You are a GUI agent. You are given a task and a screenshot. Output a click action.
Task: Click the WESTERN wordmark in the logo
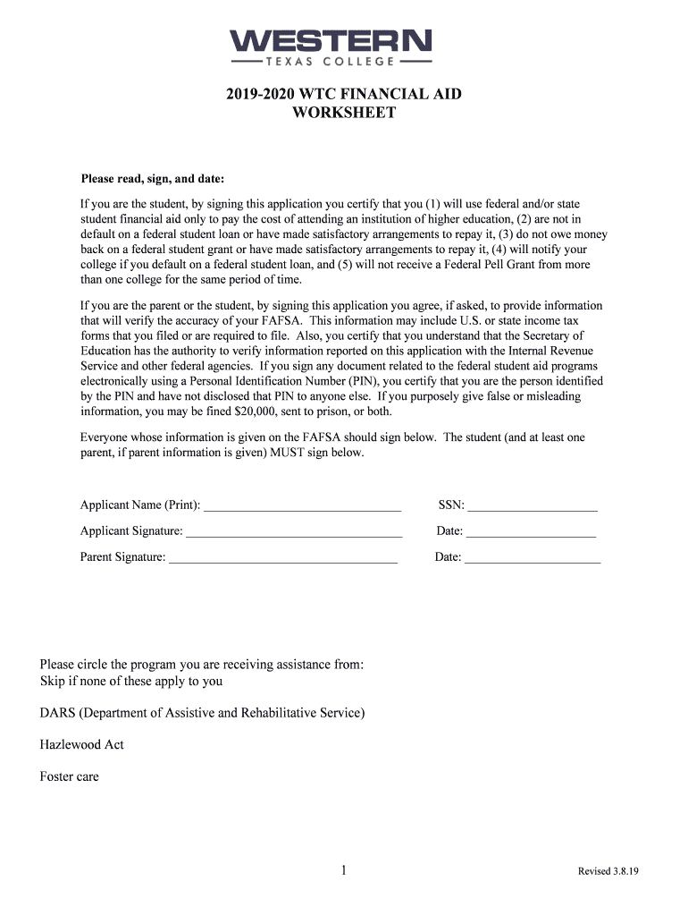click(x=331, y=41)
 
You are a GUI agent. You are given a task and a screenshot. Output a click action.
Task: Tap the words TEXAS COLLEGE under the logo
click(x=331, y=62)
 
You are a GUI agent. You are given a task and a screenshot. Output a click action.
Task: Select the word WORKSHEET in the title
click(x=344, y=113)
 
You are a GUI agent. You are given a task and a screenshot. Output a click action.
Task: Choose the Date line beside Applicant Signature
click(x=531, y=532)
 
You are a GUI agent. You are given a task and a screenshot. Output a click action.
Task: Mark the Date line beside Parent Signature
click(x=533, y=558)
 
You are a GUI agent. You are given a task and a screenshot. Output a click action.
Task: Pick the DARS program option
click(x=202, y=713)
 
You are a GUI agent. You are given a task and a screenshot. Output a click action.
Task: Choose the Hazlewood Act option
click(x=81, y=744)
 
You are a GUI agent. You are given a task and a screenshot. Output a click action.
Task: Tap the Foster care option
click(x=69, y=776)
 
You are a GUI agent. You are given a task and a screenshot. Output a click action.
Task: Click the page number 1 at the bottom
click(x=344, y=870)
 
